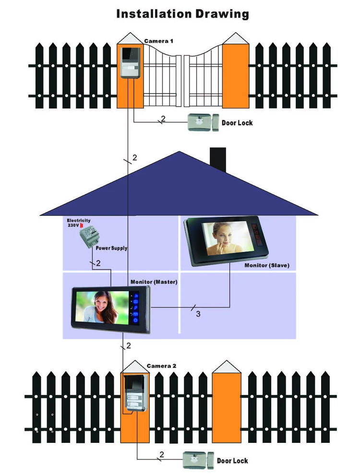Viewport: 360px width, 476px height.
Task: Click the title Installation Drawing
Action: (183, 13)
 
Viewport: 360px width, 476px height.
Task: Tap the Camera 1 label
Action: (159, 41)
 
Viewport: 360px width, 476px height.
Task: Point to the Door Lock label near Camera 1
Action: (237, 123)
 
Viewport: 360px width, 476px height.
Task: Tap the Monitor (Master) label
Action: (154, 282)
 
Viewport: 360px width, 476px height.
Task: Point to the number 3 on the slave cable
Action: (198, 314)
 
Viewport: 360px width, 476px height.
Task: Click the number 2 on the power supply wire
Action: (98, 263)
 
